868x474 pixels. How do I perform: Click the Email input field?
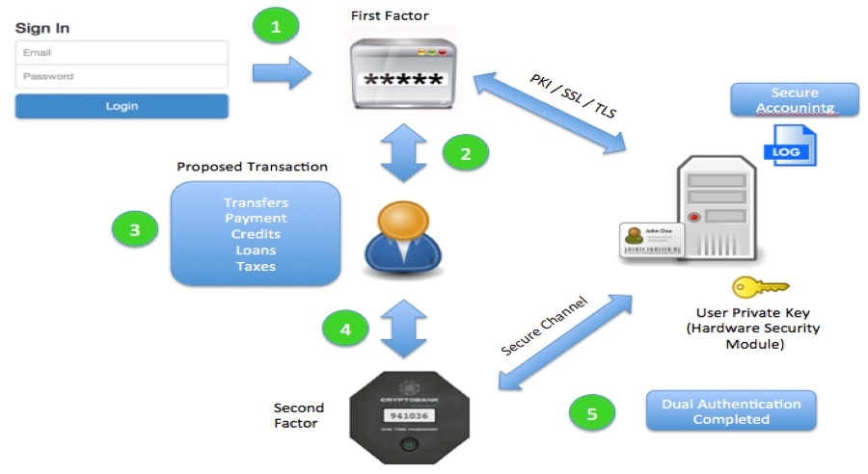tap(122, 52)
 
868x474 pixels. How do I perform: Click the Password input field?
tap(122, 76)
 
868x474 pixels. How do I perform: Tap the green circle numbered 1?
tap(277, 27)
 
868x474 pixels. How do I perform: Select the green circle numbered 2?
tap(464, 154)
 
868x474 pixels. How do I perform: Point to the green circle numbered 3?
tap(134, 230)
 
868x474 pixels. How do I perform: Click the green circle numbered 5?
tap(592, 413)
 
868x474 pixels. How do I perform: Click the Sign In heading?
tap(42, 28)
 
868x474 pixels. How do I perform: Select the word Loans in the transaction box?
tap(256, 250)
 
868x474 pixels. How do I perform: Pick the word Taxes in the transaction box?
tap(256, 266)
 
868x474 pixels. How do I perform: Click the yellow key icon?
tap(760, 287)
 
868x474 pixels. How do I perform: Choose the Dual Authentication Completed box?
tap(731, 411)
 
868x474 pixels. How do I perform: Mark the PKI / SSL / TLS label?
tap(572, 95)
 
